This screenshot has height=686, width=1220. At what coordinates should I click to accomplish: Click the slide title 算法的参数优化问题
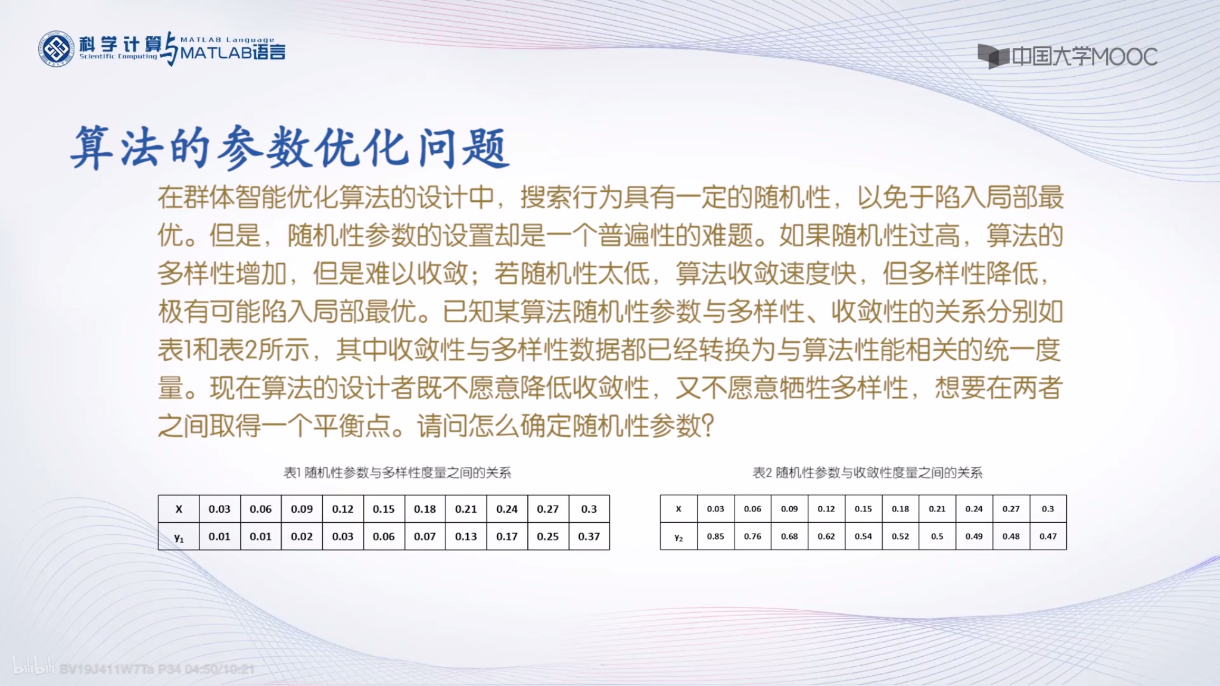coord(290,148)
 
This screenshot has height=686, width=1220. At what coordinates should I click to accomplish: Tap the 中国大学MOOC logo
coord(1067,57)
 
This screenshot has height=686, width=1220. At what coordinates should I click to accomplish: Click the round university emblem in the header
coord(56,49)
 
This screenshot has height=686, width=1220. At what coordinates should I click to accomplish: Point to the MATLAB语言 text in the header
coord(232,53)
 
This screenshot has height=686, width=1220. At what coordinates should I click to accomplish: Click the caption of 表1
coord(397,473)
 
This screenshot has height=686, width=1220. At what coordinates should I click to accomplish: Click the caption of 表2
coord(867,473)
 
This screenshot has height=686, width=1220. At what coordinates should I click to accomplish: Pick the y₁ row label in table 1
coord(179,537)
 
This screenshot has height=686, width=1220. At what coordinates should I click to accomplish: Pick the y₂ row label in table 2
coord(679,537)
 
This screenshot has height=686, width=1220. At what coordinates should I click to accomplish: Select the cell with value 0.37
coord(589,537)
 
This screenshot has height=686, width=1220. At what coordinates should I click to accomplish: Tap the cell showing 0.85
coord(715,537)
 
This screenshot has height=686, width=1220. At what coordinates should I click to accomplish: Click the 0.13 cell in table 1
coord(466,537)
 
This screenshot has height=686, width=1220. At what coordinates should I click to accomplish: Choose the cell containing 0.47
coord(1048,537)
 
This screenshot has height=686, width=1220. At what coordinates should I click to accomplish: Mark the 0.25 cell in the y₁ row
coord(547,537)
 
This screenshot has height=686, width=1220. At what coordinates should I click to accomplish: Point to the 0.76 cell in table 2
coord(752,537)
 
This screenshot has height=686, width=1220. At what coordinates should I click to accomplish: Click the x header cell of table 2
coord(679,509)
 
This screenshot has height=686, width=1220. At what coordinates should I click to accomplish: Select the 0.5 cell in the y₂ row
coord(937,537)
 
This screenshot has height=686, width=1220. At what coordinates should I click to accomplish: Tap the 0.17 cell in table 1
coord(507,537)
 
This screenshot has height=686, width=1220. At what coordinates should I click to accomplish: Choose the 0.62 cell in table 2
coord(826,537)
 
